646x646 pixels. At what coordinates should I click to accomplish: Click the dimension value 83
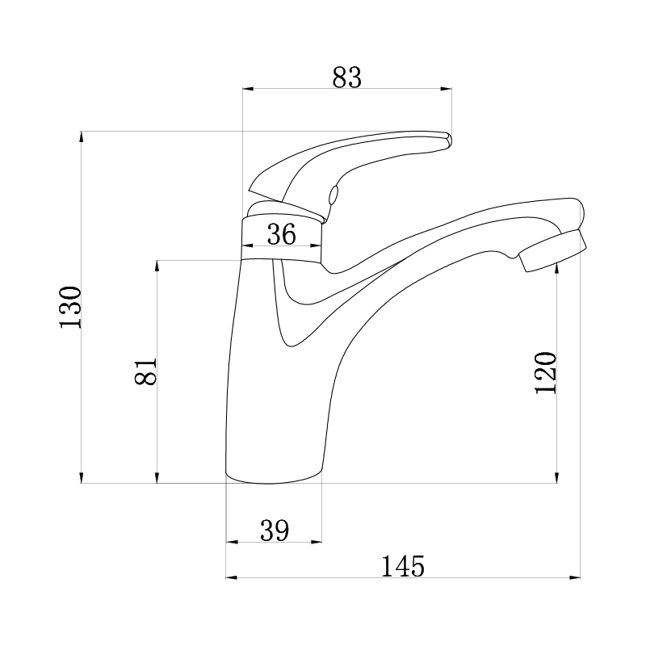347,78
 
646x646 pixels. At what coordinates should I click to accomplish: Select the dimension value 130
70,307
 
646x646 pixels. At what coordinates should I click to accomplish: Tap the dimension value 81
146,371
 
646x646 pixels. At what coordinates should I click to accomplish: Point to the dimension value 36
282,234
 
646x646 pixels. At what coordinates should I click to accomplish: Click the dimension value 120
546,372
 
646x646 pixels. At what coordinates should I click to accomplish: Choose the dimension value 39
275,531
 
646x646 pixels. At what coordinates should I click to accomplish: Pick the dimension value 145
402,567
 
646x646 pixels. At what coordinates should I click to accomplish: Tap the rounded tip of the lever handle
447,139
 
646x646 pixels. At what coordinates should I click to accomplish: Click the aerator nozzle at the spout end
552,250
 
